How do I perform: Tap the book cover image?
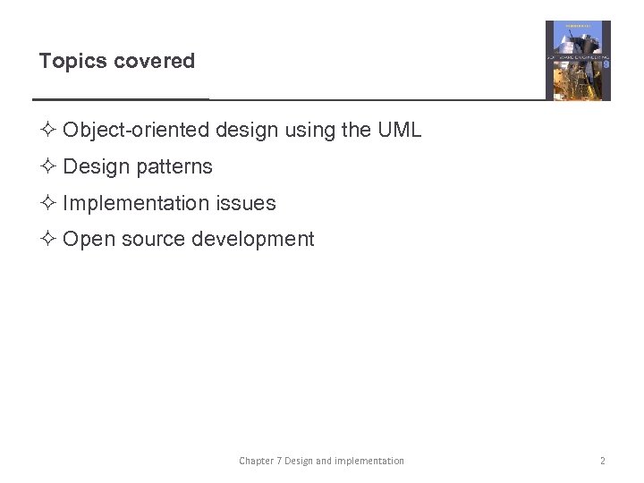tap(578, 61)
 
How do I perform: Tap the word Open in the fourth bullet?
tap(85, 240)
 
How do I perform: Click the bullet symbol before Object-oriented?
tap(47, 131)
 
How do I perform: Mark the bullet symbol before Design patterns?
tap(47, 167)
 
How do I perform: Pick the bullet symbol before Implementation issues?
tap(47, 204)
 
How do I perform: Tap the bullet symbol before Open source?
tap(47, 240)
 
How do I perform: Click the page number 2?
tap(602, 461)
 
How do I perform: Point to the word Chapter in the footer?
tap(256, 461)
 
